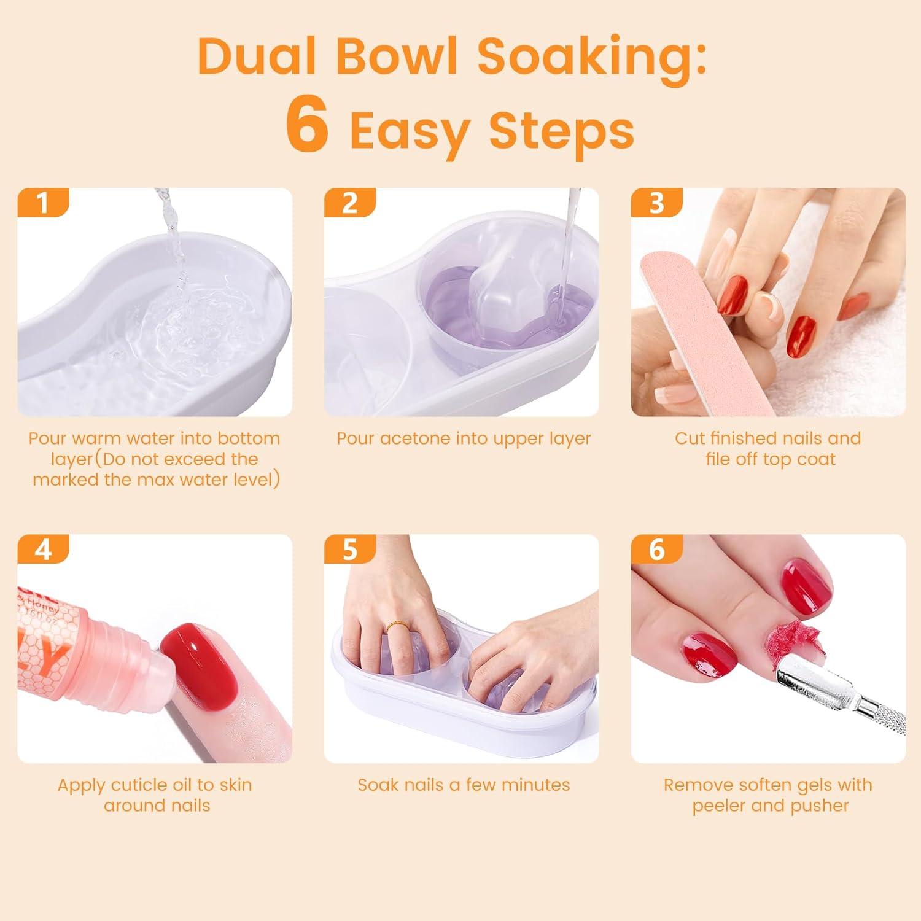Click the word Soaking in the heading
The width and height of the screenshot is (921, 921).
[591, 56]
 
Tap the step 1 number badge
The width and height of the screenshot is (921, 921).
[42, 203]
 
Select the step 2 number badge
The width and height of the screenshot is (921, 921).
[349, 203]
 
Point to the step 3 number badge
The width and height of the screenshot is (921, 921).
[656, 203]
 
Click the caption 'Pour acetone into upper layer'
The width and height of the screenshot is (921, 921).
[464, 438]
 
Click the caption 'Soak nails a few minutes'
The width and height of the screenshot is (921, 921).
[464, 785]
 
